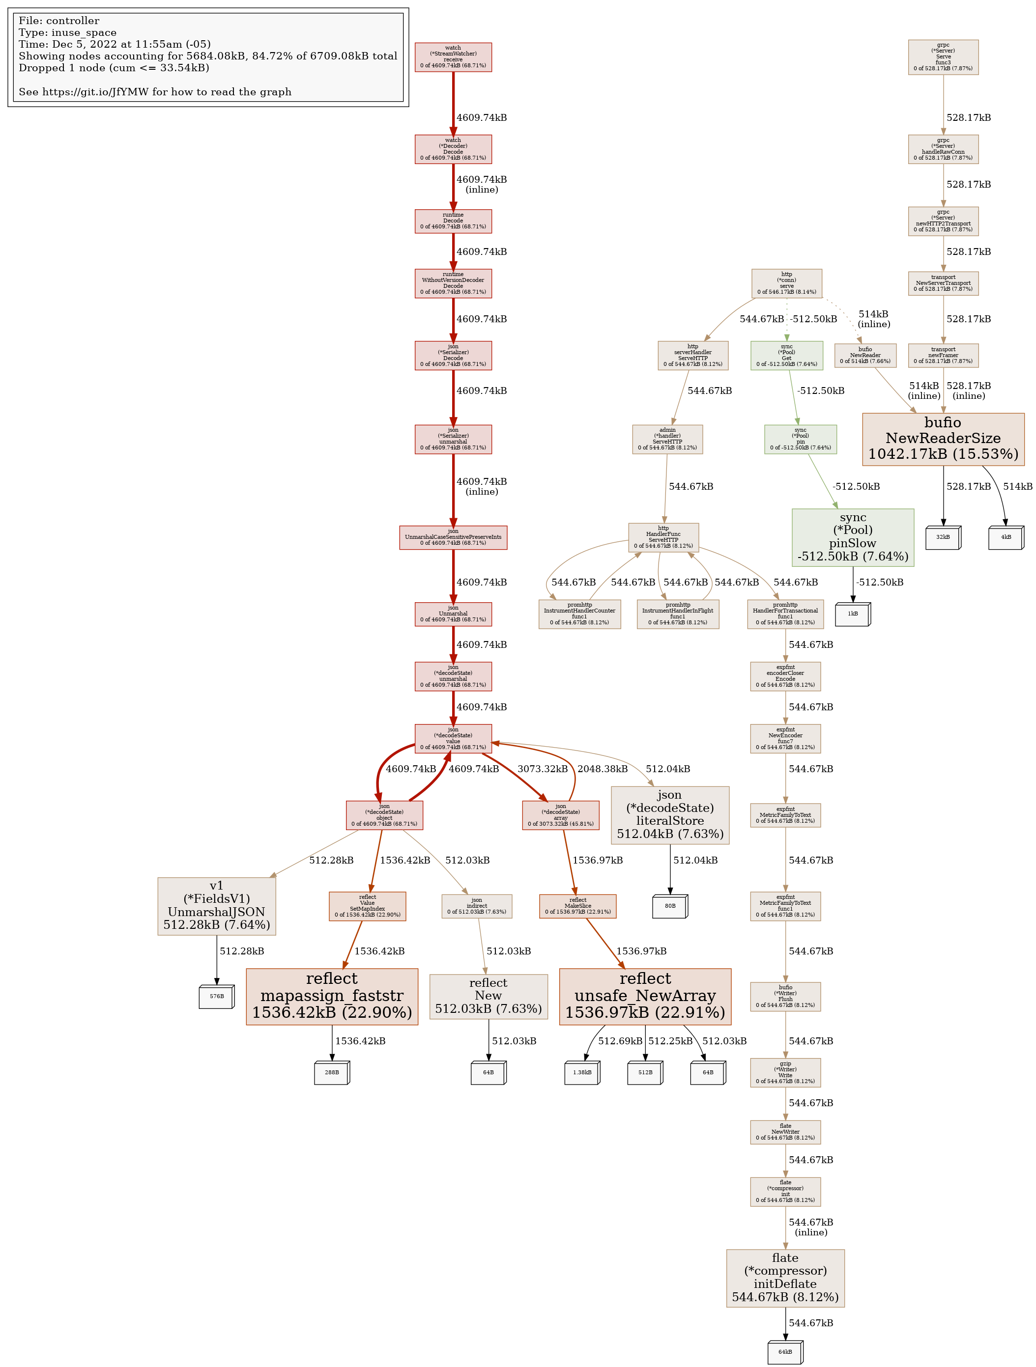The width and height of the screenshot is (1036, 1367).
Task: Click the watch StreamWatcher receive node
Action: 453,57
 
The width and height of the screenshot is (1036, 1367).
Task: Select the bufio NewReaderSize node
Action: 943,439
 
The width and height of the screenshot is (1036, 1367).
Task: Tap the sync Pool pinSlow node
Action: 852,537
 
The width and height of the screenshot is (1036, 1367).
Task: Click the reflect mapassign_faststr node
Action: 332,996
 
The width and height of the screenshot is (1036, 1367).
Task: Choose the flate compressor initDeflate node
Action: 785,1278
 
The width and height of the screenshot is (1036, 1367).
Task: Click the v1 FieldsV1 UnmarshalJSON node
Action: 216,905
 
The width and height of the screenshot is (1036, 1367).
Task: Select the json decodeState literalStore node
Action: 670,814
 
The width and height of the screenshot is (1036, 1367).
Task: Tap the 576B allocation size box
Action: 216,996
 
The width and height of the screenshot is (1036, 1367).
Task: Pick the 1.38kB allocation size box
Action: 582,1073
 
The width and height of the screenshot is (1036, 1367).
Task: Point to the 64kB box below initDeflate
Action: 785,1352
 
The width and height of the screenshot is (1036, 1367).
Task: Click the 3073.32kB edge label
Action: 543,769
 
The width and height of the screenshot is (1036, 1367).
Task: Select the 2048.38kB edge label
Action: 603,769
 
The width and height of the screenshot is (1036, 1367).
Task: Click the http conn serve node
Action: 786,283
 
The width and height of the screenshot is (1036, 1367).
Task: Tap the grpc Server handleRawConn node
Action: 943,149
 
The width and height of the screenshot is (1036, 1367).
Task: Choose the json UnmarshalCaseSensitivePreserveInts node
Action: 453,537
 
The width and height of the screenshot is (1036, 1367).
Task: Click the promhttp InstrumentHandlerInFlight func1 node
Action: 678,614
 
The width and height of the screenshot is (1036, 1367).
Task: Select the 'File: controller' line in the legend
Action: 59,21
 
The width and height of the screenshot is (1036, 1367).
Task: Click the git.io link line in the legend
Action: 155,92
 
